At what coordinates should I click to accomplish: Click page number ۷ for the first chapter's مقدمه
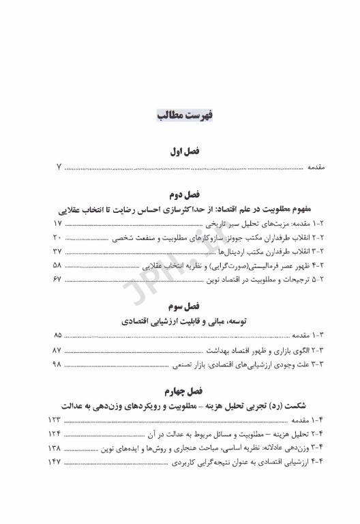point(59,167)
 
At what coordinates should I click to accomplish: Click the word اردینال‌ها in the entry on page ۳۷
point(204,252)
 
